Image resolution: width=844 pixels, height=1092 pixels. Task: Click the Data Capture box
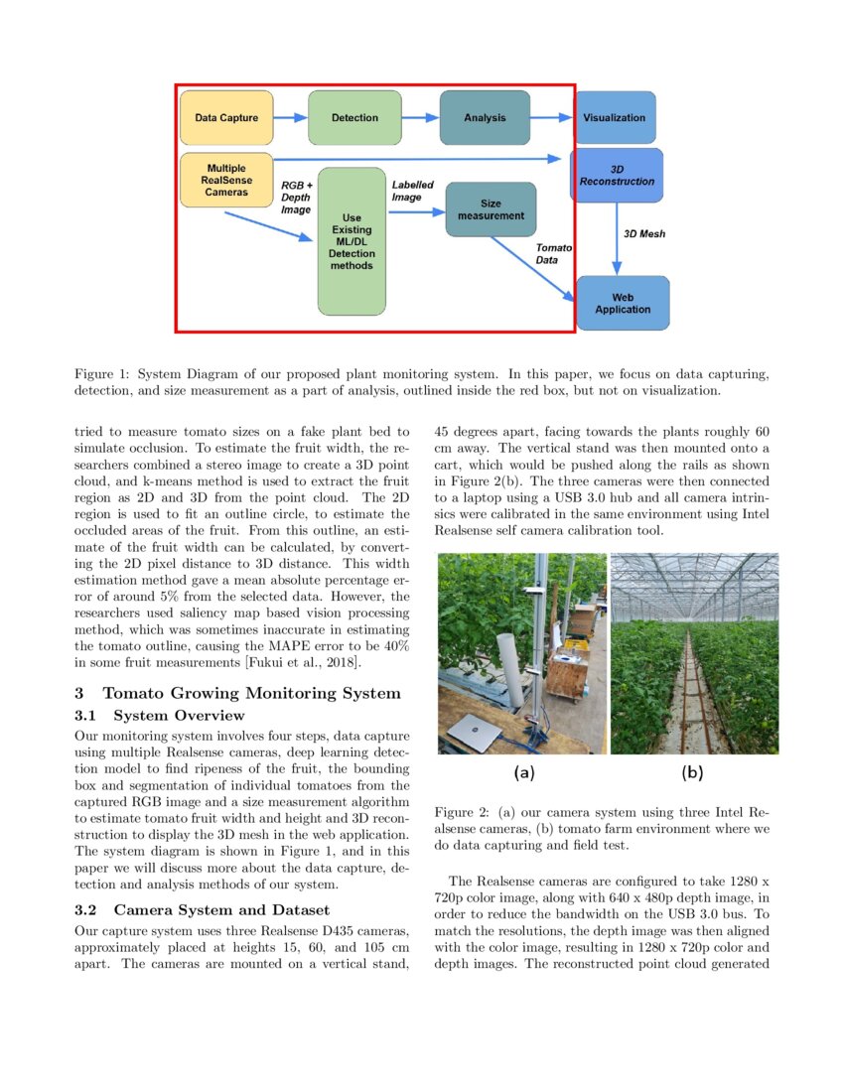coord(226,118)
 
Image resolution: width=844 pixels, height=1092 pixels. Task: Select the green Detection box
coord(354,118)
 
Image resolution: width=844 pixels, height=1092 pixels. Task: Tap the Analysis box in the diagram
coord(485,118)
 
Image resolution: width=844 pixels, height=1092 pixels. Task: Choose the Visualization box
coord(615,118)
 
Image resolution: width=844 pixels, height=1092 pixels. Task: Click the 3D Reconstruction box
coord(618,176)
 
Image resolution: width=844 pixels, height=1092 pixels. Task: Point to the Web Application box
coord(623,303)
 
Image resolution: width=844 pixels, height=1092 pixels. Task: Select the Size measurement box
coord(491,208)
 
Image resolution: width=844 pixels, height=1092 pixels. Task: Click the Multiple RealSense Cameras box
coord(226,180)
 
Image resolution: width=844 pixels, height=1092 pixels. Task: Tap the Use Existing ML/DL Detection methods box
coord(352,241)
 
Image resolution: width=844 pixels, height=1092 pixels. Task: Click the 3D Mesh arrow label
coord(644,234)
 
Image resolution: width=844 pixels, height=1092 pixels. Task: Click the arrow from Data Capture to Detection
coord(290,118)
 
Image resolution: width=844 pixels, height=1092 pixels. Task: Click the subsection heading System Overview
coord(179,715)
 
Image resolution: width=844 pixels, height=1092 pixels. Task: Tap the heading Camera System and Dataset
coord(220,909)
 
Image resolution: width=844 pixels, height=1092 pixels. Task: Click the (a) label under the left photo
coord(523,771)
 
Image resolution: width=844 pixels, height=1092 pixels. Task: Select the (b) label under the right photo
coord(693,771)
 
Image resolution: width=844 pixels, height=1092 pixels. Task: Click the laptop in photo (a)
coord(473,732)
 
